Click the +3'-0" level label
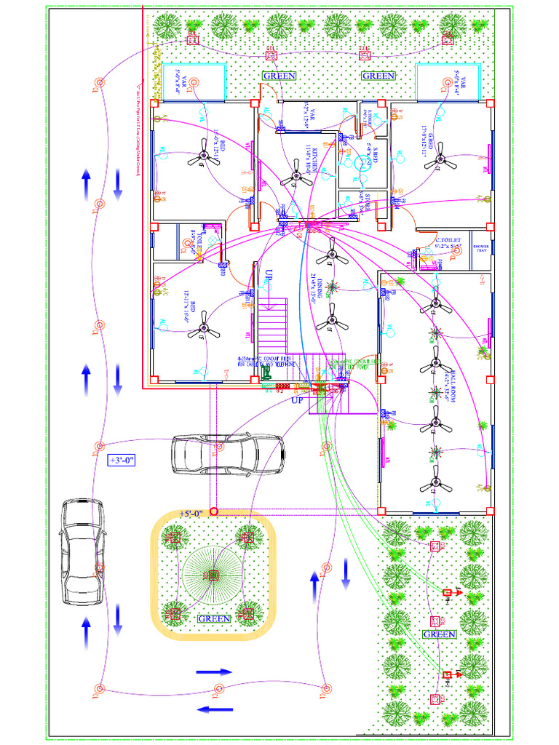coord(122,461)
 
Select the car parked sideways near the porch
coord(227,454)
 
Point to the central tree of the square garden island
coord(213,575)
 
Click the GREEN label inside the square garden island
coord(213,618)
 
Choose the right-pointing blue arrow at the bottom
coord(215,672)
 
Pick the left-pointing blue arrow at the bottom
coord(215,709)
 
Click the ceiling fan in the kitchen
coord(296,175)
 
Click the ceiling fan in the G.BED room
coord(445,163)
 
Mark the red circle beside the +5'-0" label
coord(214,512)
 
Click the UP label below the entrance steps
coord(297,400)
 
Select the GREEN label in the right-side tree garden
coord(440,634)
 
